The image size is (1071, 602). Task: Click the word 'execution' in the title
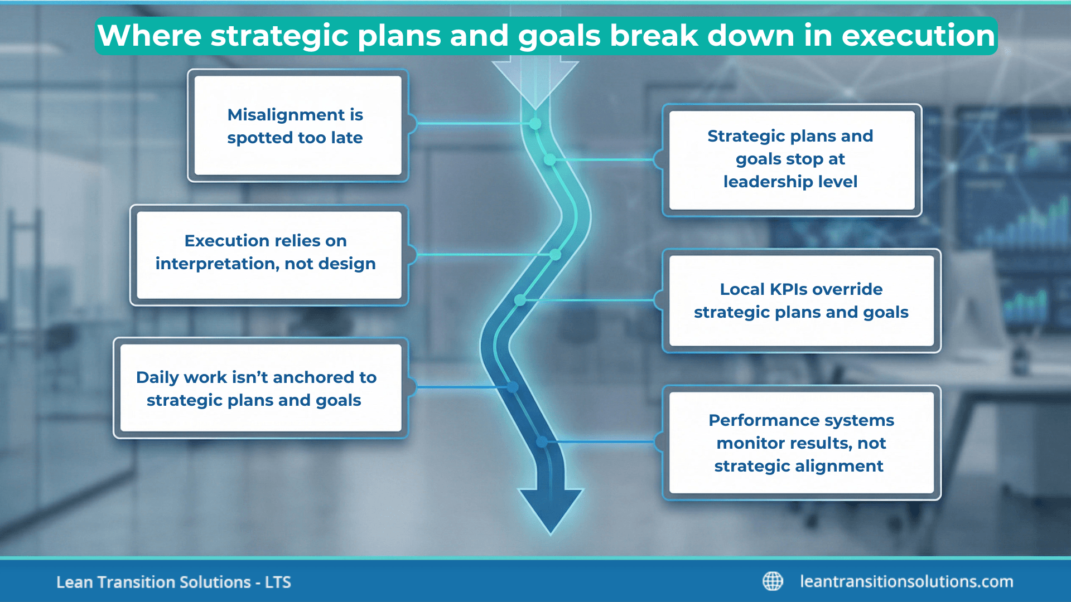click(x=918, y=36)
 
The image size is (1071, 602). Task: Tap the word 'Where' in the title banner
click(x=149, y=36)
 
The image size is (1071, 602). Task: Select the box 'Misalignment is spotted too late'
click(x=297, y=126)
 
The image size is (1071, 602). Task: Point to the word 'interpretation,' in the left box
click(x=217, y=264)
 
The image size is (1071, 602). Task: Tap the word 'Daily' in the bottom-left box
click(x=157, y=377)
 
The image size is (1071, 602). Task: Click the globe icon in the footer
click(x=773, y=581)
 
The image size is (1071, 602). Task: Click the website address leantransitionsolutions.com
click(x=906, y=581)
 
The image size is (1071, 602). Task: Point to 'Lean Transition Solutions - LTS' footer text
click(x=173, y=582)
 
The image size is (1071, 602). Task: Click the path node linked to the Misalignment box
click(x=535, y=124)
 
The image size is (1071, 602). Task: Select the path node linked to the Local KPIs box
click(x=520, y=300)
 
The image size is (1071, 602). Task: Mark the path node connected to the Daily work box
click(x=512, y=387)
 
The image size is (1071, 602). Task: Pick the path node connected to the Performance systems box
click(x=542, y=442)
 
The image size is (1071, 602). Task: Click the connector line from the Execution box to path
click(x=480, y=255)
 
